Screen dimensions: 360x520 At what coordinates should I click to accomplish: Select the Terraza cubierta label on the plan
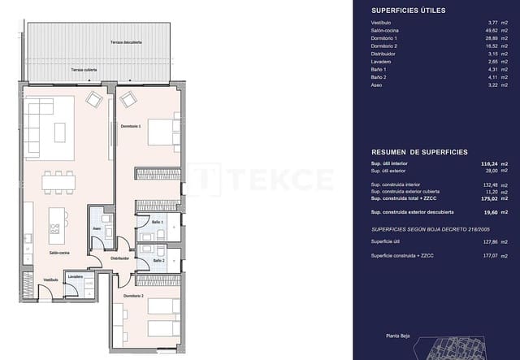84,70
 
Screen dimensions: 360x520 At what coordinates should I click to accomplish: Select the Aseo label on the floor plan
97,228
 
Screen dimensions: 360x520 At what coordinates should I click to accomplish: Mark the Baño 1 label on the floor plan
157,222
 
